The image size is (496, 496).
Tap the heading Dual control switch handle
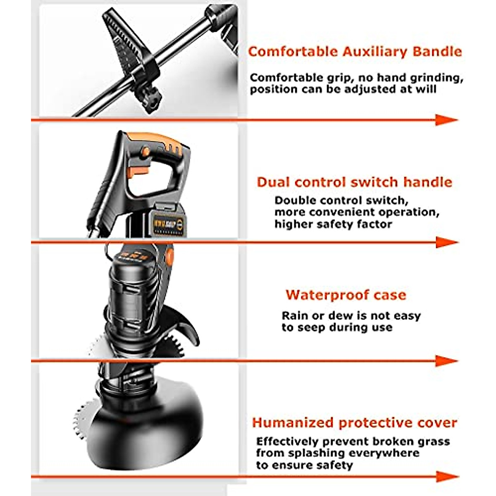pos(354,182)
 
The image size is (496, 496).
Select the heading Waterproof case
pos(346,295)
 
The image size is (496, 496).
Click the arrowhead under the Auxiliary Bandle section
pos(446,120)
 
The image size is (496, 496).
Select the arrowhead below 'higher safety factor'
pos(446,242)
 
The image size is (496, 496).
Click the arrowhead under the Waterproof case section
pos(446,361)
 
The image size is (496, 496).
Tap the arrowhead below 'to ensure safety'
pos(446,477)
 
